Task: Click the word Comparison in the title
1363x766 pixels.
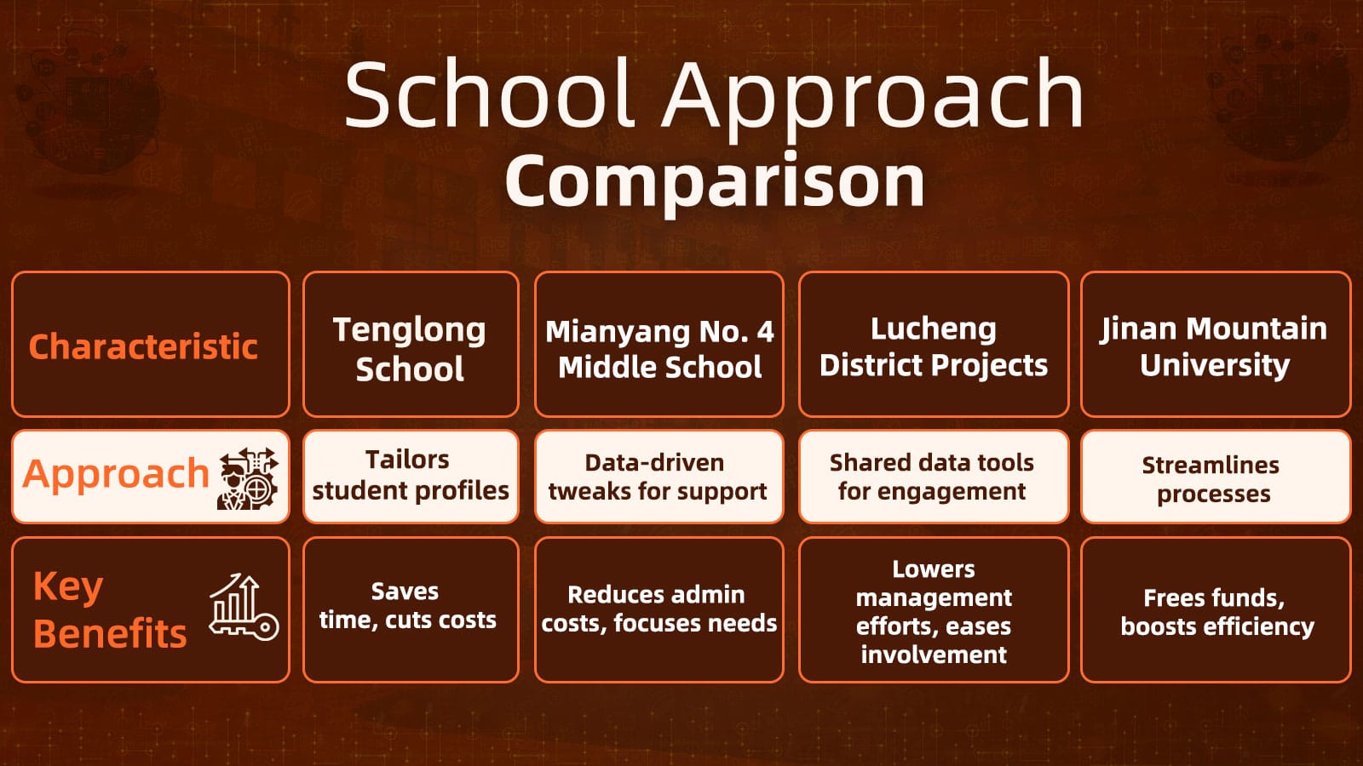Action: pyautogui.click(x=715, y=181)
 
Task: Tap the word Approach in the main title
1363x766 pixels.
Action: pyautogui.click(x=873, y=96)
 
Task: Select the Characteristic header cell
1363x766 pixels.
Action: pyautogui.click(x=143, y=346)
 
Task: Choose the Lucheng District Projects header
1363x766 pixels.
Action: pyautogui.click(x=934, y=346)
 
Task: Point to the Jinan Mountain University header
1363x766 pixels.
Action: pyautogui.click(x=1214, y=346)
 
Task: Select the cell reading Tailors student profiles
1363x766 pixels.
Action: pyautogui.click(x=410, y=476)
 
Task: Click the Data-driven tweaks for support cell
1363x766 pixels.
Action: pyautogui.click(x=658, y=477)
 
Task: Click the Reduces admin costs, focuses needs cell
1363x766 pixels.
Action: pyautogui.click(x=658, y=609)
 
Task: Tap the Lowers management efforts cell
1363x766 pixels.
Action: pyautogui.click(x=934, y=610)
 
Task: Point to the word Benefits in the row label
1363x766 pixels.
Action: pyautogui.click(x=110, y=633)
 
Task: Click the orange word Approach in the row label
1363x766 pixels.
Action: pyautogui.click(x=116, y=473)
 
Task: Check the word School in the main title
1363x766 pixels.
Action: pyautogui.click(x=490, y=94)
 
